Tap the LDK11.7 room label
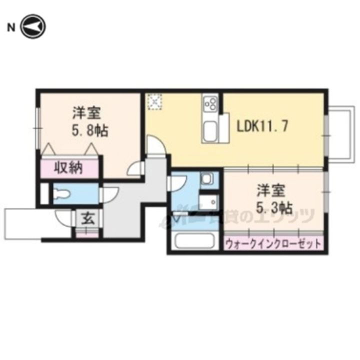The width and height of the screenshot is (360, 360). click(261, 126)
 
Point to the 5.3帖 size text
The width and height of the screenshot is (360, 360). click(274, 207)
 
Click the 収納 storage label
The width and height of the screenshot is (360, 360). click(68, 168)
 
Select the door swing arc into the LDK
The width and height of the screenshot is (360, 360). click(156, 147)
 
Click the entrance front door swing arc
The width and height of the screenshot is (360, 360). click(62, 216)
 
